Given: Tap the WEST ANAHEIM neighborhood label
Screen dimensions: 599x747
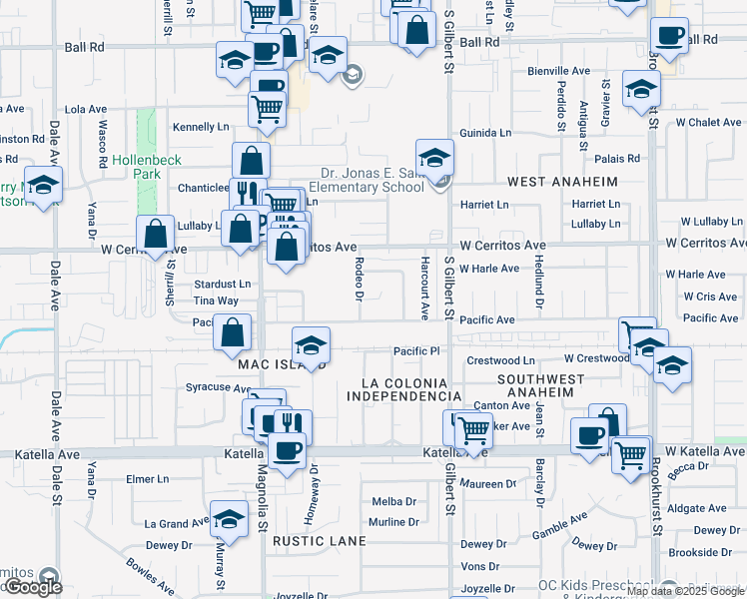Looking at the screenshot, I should (562, 182).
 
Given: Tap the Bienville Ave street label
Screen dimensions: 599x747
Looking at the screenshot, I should (559, 71).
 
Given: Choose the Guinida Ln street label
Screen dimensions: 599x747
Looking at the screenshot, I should (485, 133).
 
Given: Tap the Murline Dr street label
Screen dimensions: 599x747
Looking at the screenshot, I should (392, 522).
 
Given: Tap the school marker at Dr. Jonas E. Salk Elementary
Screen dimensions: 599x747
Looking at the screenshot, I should (434, 158).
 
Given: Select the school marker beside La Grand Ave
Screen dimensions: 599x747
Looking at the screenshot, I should (230, 520).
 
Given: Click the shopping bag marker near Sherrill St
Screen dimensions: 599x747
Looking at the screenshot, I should (155, 236).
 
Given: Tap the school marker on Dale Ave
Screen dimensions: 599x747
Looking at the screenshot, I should (44, 186).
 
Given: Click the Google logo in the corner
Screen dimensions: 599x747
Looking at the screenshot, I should (32, 587).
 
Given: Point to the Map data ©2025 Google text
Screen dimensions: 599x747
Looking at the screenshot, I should (686, 591).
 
